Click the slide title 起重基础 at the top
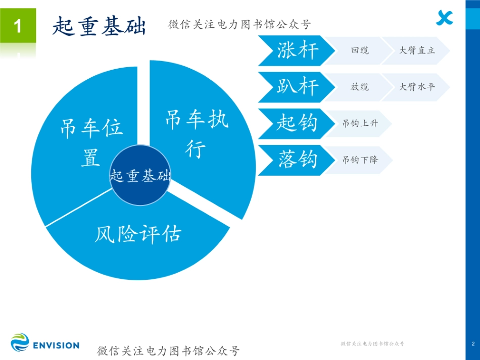(x=99, y=26)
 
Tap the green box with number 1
(x=18, y=26)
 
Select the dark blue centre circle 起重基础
(x=140, y=175)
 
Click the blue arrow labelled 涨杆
(x=296, y=51)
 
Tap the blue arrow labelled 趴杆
(x=296, y=87)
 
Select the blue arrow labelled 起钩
(x=296, y=123)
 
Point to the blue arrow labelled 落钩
(x=296, y=160)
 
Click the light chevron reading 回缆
(x=359, y=51)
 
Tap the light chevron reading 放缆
(x=359, y=87)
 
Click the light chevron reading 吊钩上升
(x=359, y=123)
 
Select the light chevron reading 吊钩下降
(x=359, y=160)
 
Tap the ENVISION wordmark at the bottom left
(x=56, y=345)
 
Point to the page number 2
(x=472, y=344)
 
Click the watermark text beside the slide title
(x=239, y=24)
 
